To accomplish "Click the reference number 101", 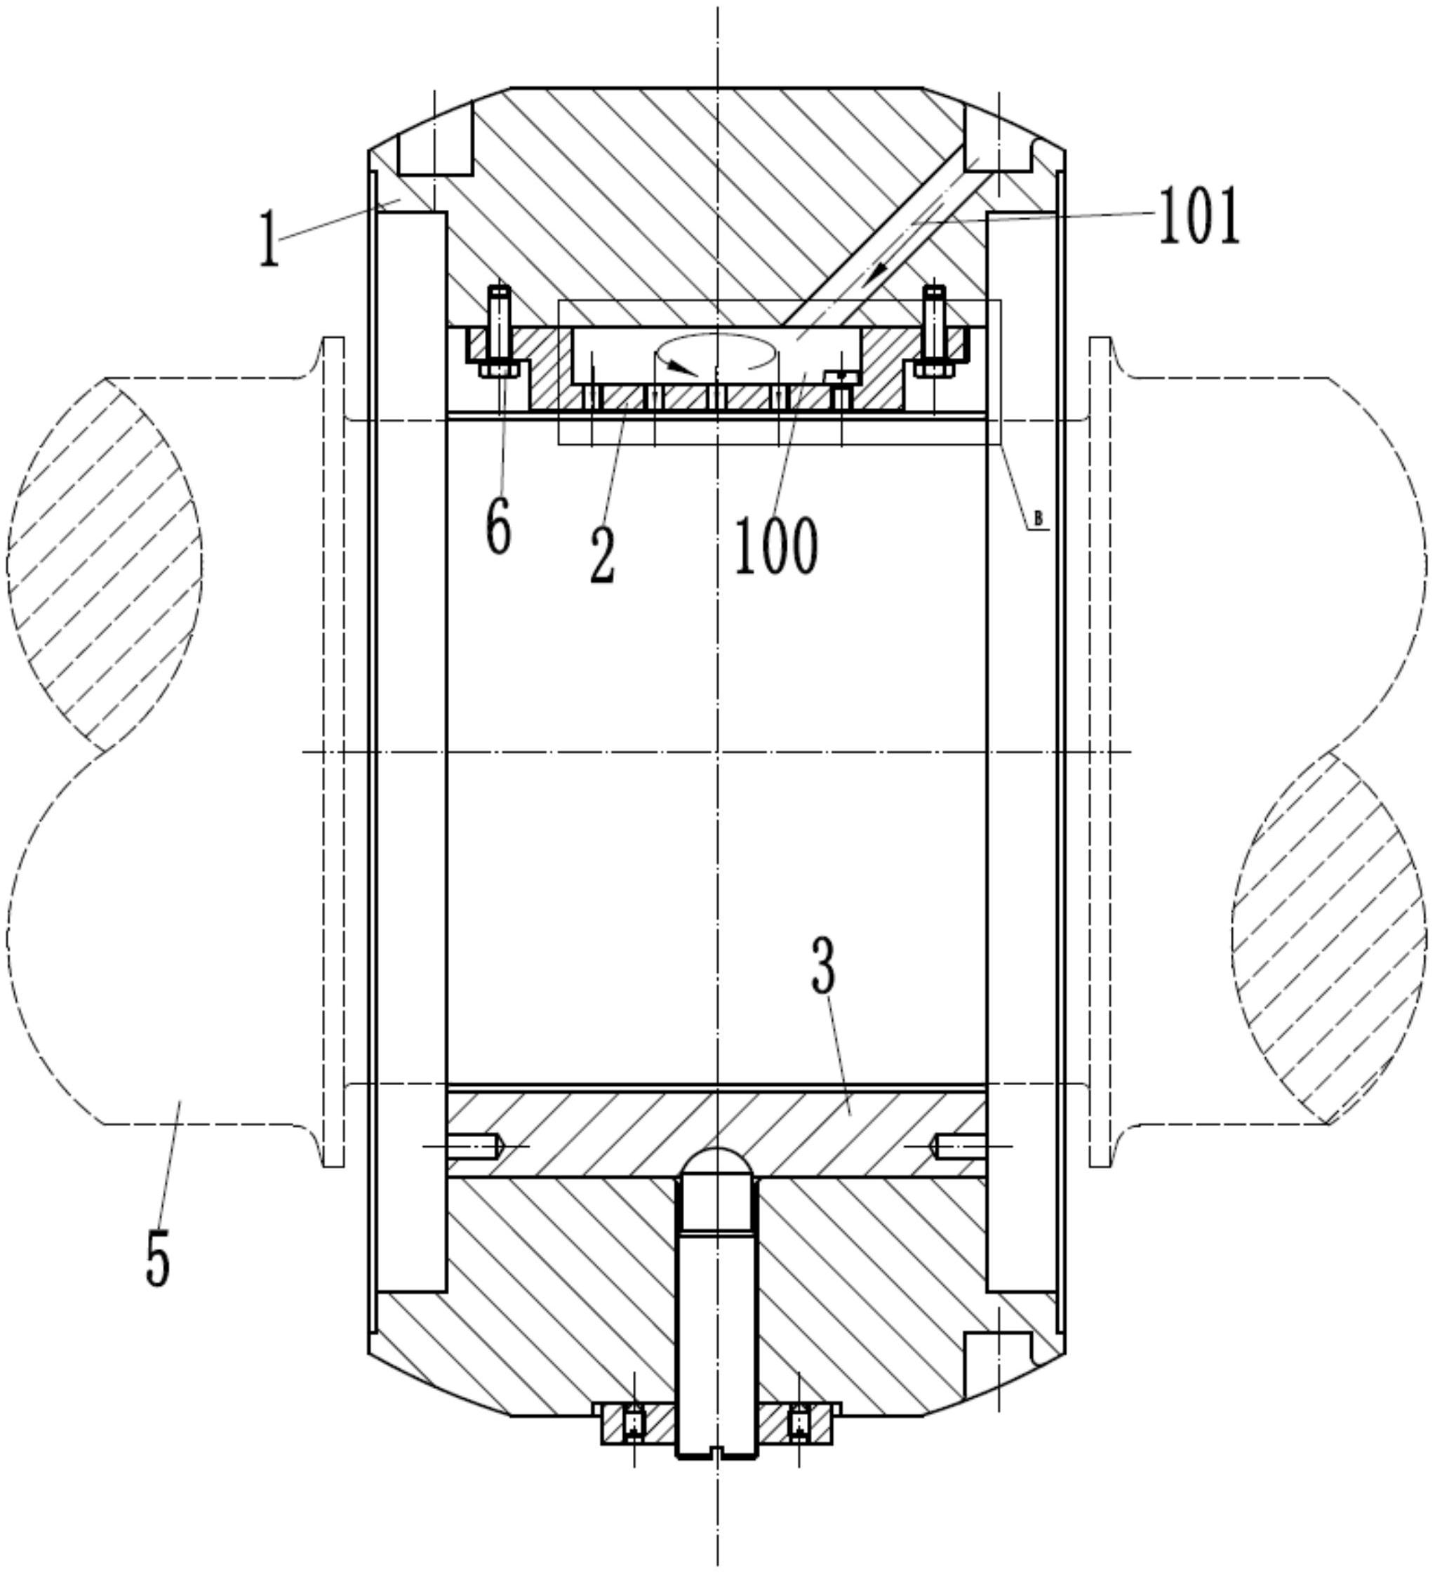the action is click(1199, 216).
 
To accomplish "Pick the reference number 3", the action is click(824, 966).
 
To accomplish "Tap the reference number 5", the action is click(159, 1256).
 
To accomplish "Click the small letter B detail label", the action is click(1038, 518).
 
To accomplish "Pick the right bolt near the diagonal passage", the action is click(933, 331).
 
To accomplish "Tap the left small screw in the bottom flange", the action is click(633, 1424).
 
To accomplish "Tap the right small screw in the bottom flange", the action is click(799, 1424).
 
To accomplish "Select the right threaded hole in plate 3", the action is click(959, 1146).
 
